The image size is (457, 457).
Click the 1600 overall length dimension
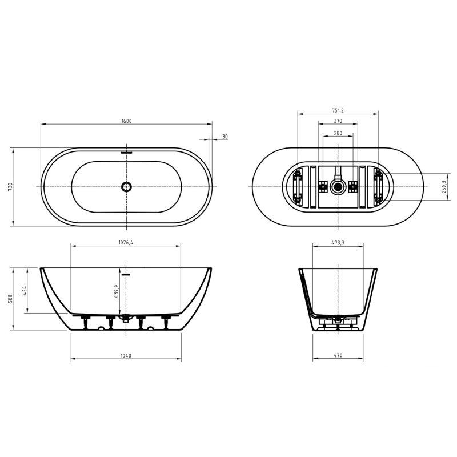[126, 121]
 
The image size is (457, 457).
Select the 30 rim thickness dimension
[225, 137]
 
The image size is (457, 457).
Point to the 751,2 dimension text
[338, 110]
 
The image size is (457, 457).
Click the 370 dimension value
[338, 121]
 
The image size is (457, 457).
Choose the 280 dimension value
[338, 133]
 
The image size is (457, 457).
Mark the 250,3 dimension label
[444, 187]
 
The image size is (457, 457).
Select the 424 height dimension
[25, 291]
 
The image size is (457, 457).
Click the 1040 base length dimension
[126, 356]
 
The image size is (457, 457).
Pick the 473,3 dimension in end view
[338, 243]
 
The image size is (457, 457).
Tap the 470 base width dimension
[338, 356]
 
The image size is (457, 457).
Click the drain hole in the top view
[126, 187]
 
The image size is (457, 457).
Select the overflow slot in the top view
[126, 153]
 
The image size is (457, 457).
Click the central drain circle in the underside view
[338, 186]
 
